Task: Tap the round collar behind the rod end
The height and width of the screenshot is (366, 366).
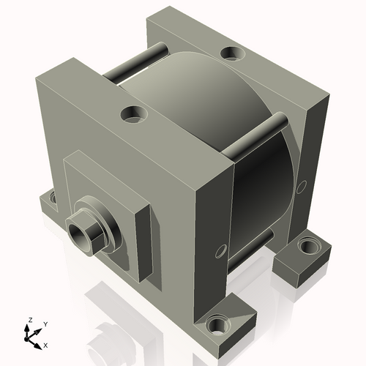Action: (x=101, y=220)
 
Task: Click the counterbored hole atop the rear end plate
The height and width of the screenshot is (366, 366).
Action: (x=233, y=53)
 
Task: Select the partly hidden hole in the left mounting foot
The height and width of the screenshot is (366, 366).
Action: (x=53, y=196)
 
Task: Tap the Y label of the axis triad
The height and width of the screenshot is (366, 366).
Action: (x=45, y=323)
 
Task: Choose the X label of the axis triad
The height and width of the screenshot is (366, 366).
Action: (x=46, y=344)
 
